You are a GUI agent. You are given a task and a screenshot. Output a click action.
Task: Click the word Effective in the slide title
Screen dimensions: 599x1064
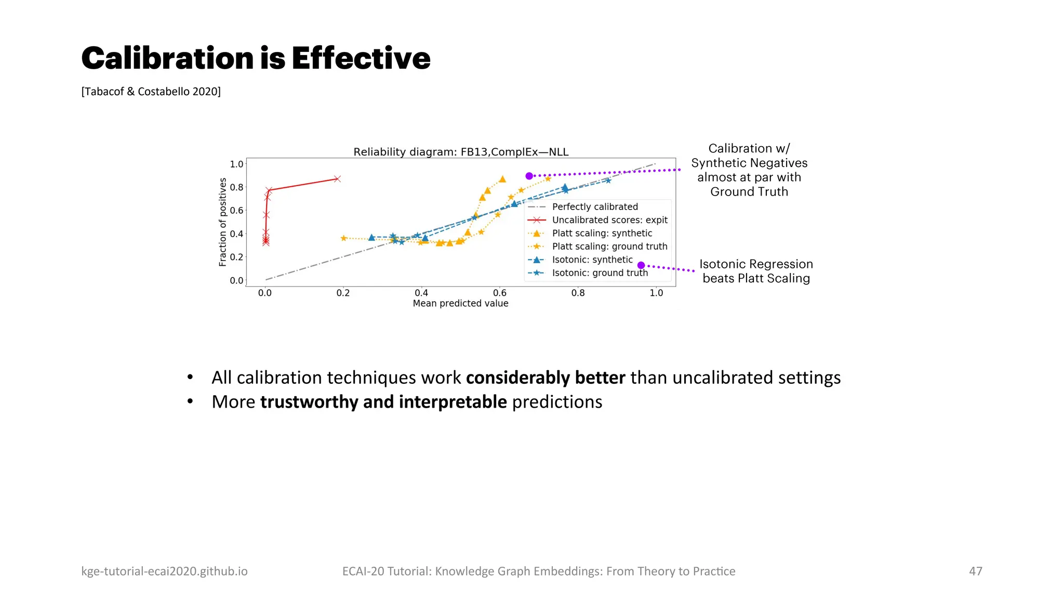tap(361, 58)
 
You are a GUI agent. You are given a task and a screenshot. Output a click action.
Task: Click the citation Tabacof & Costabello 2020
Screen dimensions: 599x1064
tap(151, 92)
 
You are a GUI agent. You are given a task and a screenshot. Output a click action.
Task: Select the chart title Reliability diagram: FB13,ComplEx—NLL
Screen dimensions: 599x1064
tap(461, 152)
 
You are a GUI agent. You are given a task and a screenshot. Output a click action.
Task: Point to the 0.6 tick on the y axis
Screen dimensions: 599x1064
tap(236, 211)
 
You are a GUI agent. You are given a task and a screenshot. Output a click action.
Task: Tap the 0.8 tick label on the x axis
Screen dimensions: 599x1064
tap(578, 293)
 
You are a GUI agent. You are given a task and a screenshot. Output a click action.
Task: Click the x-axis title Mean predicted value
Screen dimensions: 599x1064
tap(460, 304)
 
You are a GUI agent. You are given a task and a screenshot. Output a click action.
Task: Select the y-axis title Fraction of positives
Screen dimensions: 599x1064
tap(223, 222)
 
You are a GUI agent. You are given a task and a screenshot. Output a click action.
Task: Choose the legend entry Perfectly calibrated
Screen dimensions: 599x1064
tap(594, 207)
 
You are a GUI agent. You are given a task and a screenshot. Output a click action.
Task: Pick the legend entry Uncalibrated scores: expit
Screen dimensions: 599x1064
tap(609, 220)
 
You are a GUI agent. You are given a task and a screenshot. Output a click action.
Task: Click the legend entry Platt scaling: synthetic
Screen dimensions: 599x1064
tap(602, 233)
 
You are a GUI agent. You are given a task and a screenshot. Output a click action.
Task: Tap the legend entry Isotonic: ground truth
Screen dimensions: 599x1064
tap(600, 273)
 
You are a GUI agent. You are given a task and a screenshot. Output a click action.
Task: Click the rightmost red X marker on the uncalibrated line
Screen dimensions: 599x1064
tap(337, 179)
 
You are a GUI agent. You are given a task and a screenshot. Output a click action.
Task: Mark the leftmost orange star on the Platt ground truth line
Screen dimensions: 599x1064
tap(343, 238)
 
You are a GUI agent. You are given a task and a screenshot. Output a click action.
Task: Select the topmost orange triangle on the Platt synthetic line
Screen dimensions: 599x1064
tap(502, 179)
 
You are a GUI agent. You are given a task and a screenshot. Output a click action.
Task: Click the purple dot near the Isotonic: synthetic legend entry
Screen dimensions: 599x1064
tap(641, 265)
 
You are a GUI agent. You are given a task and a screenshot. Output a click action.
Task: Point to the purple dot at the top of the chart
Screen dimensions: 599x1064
tap(529, 176)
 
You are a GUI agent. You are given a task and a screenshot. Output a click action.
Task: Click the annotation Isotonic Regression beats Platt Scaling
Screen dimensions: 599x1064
tap(756, 271)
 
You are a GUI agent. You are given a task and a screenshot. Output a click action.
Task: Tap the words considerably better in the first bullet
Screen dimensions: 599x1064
tap(545, 377)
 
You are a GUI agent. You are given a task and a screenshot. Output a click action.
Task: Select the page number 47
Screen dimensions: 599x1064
tap(975, 571)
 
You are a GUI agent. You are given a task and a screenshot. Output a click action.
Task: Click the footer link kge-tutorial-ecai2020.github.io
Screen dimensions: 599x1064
tap(164, 571)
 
